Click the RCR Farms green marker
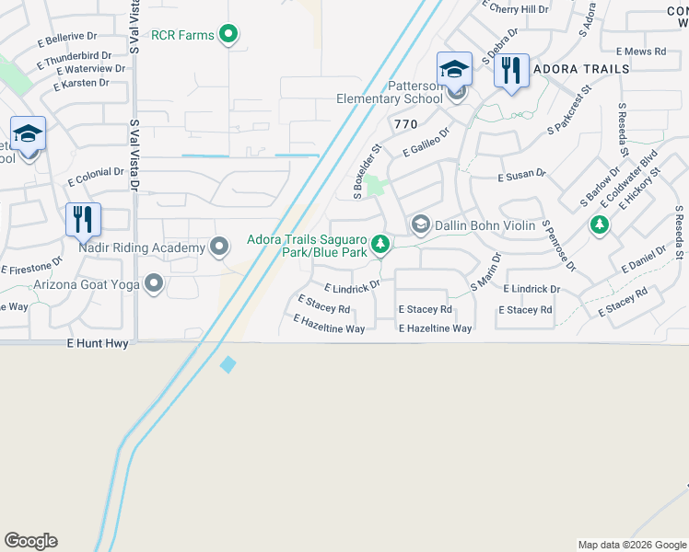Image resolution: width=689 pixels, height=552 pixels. pos(230,36)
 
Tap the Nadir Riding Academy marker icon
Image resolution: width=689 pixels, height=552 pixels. pos(219,246)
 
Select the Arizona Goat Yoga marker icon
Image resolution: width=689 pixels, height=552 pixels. pos(153,284)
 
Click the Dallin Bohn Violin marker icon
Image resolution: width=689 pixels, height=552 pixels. pos(420,224)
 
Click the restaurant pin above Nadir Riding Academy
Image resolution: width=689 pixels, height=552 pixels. pos(83,220)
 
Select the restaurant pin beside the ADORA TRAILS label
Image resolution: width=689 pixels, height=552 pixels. pos(511,70)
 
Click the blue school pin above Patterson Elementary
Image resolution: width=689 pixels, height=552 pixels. pos(454,69)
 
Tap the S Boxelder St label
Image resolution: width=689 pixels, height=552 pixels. pos(366,171)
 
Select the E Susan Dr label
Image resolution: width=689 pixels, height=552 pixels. pos(521,174)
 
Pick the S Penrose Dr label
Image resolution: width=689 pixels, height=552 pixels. pos(558,246)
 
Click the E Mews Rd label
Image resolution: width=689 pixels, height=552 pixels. pos(640,52)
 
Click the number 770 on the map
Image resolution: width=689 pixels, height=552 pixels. pos(405,123)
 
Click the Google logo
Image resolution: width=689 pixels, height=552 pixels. pos(30,541)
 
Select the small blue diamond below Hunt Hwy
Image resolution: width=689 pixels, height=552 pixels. pos(228,365)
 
